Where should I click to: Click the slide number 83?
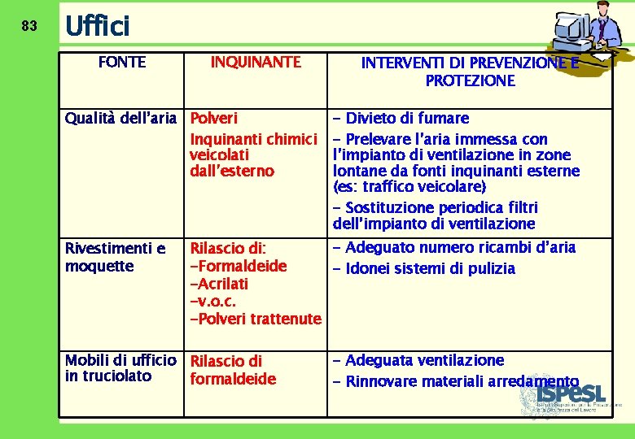(x=28, y=26)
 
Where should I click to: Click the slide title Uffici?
(x=97, y=27)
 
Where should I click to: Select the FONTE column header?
(x=121, y=63)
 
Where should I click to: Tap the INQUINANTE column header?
(x=256, y=63)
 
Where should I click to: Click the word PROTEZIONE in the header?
(x=470, y=80)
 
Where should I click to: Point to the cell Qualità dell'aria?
(x=120, y=119)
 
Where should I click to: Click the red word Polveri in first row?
(x=213, y=119)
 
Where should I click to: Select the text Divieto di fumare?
(x=407, y=119)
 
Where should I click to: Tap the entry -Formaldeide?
(x=238, y=266)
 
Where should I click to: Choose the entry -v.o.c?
(x=212, y=302)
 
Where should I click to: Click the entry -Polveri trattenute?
(x=255, y=319)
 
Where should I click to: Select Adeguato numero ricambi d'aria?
(x=460, y=248)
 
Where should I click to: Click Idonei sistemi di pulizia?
(x=430, y=269)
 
